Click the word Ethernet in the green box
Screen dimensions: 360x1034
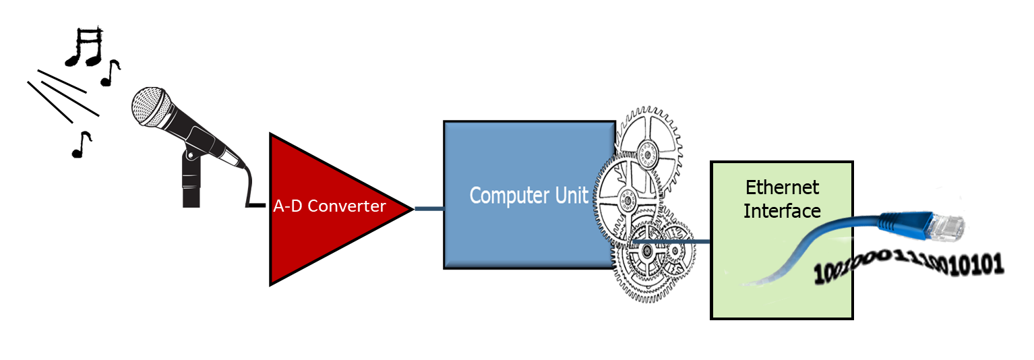pos(782,187)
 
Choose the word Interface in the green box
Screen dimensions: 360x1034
pos(782,210)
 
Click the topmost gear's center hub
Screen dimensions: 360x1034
pos(648,156)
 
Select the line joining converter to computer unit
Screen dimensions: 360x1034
pos(428,209)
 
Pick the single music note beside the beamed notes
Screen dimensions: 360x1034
pos(110,73)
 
